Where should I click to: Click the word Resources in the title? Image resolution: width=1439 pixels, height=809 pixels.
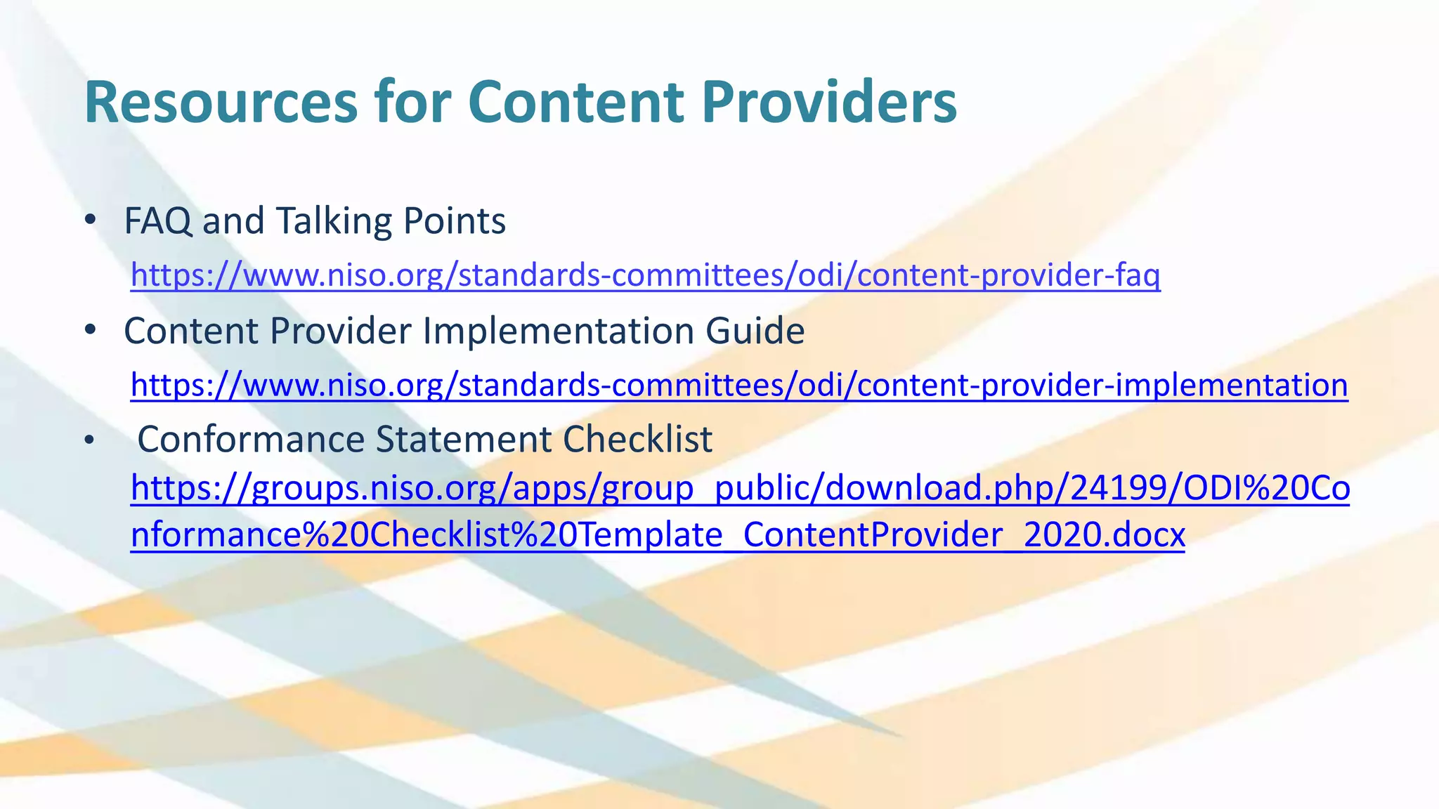(221, 103)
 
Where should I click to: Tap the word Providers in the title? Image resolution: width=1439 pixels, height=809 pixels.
(829, 103)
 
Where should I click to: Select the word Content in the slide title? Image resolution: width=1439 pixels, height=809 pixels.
(575, 103)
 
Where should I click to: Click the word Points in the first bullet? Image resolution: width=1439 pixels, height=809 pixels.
(454, 221)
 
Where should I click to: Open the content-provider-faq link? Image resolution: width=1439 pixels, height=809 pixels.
(645, 275)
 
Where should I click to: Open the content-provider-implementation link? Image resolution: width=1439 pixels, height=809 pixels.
(739, 385)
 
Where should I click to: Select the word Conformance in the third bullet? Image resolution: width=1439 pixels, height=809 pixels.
(251, 440)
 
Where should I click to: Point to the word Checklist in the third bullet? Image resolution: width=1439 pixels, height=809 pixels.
(637, 440)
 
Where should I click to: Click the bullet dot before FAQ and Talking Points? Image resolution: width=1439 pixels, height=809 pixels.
(89, 221)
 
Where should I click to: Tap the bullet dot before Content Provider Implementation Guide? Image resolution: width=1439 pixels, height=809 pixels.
(89, 330)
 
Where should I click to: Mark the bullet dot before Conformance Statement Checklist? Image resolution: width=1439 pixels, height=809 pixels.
(89, 441)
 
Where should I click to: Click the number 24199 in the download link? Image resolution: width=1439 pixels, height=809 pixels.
(1116, 488)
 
